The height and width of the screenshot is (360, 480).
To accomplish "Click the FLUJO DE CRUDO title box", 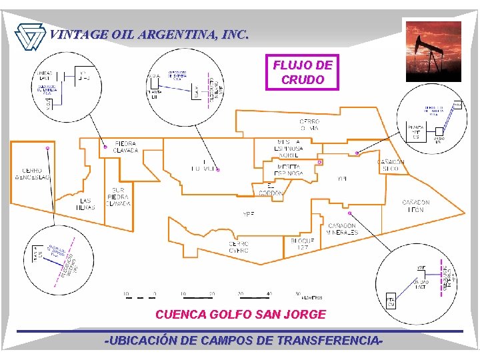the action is (x=302, y=72).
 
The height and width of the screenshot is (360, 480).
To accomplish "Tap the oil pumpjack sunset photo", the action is (x=433, y=51).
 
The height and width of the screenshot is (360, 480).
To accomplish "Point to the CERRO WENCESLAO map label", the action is (x=32, y=173).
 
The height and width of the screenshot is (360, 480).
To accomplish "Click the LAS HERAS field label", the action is (x=86, y=203).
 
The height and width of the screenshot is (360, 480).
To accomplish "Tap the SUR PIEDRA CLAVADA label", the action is (x=119, y=197).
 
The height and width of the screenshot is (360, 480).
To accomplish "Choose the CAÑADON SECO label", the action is (x=391, y=165).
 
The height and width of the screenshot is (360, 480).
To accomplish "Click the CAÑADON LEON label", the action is (x=416, y=206).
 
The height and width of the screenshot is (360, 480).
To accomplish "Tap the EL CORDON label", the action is (x=271, y=189).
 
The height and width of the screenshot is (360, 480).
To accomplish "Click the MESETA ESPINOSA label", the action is (x=289, y=170).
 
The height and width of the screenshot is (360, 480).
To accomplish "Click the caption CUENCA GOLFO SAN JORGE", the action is (x=240, y=314).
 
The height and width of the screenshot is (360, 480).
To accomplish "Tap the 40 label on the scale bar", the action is (x=270, y=293).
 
